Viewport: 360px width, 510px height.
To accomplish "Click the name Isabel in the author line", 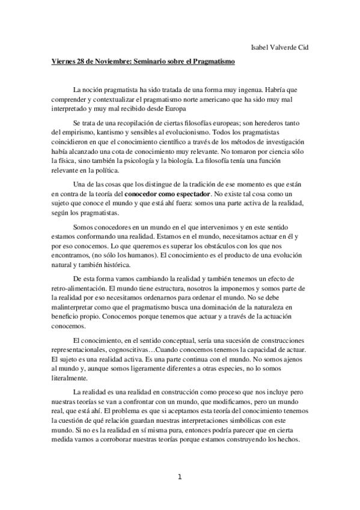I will [x=263, y=47].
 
